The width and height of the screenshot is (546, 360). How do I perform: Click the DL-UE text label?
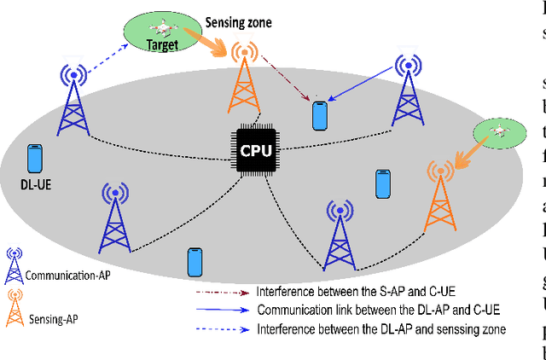33,183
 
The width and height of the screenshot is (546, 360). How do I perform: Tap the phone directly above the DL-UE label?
35,158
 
